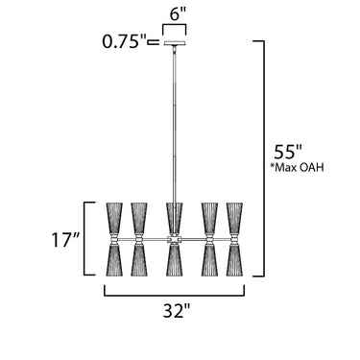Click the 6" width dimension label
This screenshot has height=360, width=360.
(x=178, y=14)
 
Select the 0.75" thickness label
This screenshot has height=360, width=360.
(x=124, y=41)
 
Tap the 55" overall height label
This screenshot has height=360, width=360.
(x=288, y=152)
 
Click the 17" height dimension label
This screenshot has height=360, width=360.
(x=64, y=240)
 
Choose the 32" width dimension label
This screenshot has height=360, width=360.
(x=177, y=310)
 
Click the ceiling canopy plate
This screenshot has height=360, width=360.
(x=175, y=43)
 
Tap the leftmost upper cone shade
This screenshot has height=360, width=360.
(x=114, y=219)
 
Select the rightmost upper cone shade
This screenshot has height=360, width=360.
(x=234, y=219)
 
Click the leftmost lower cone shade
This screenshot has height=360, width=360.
(x=114, y=259)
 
